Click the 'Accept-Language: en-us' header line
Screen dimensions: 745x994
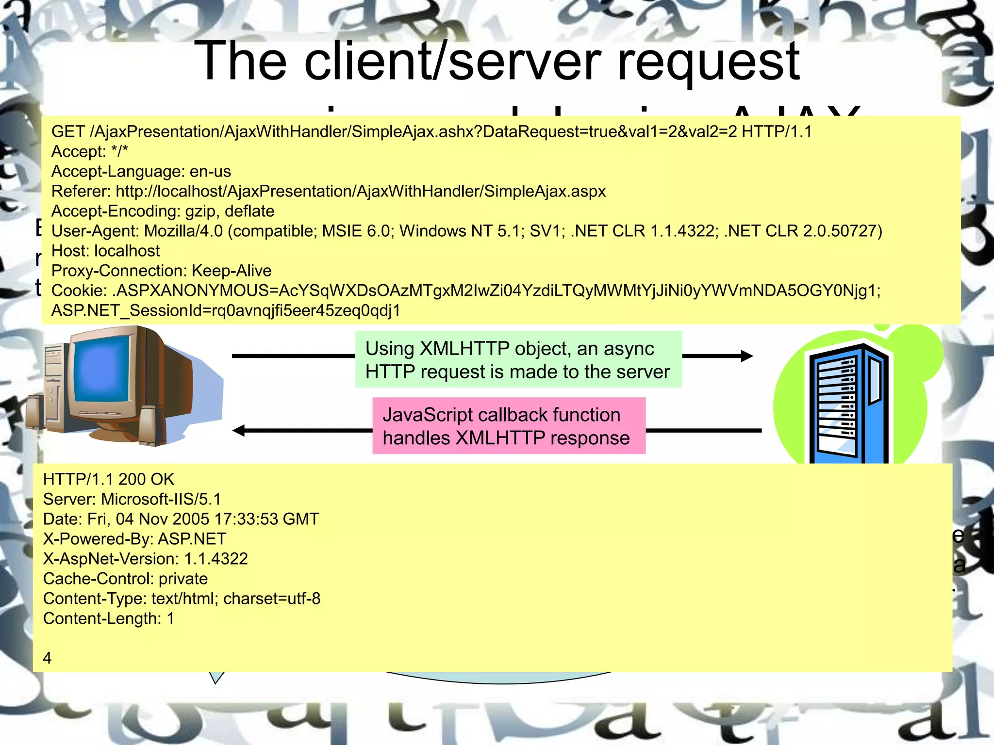coord(141,171)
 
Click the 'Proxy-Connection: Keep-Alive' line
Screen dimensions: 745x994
coord(161,271)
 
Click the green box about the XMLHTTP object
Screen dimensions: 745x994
coord(518,359)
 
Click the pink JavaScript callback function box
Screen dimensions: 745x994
coord(508,426)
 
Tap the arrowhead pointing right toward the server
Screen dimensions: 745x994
coord(746,356)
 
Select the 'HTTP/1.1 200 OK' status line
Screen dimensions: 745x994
coord(108,479)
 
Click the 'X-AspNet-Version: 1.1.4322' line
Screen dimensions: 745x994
coord(145,559)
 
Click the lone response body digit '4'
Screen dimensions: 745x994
coord(47,658)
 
